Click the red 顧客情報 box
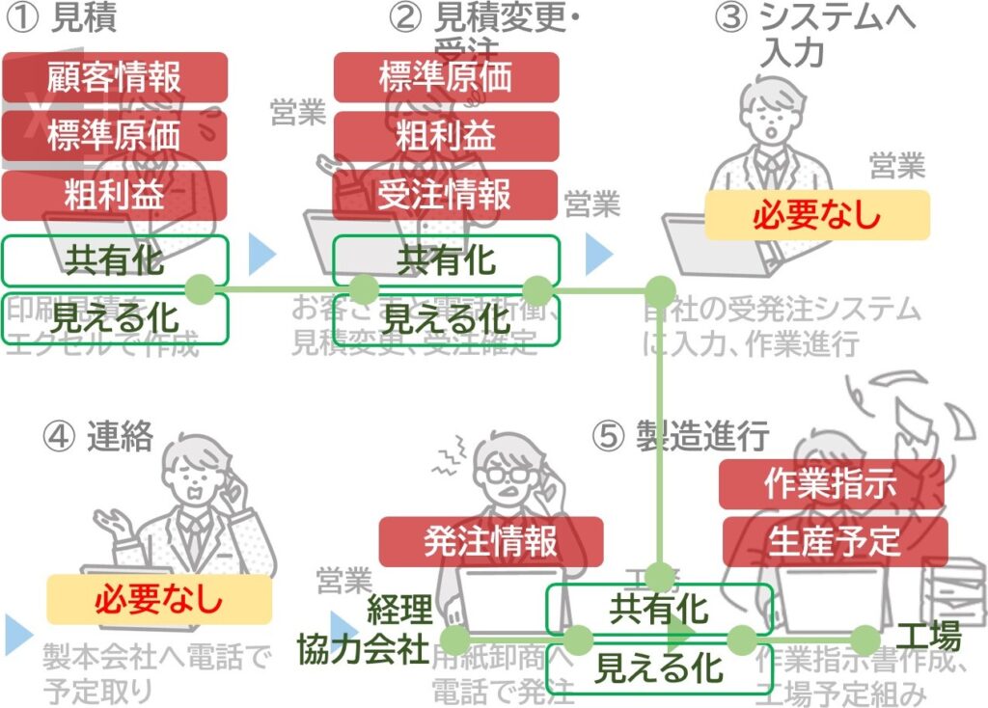click(114, 77)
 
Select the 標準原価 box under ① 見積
click(114, 136)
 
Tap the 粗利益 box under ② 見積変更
click(446, 136)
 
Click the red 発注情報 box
click(490, 541)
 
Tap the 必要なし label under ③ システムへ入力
click(816, 215)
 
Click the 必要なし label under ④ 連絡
click(159, 600)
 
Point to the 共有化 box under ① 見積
click(114, 260)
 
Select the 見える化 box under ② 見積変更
click(446, 318)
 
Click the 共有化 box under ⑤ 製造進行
click(660, 610)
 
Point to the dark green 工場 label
click(928, 637)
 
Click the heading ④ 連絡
click(98, 437)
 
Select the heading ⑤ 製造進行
click(680, 437)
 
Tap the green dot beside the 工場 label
click(865, 639)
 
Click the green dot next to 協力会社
click(454, 639)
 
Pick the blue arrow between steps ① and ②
click(261, 254)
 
